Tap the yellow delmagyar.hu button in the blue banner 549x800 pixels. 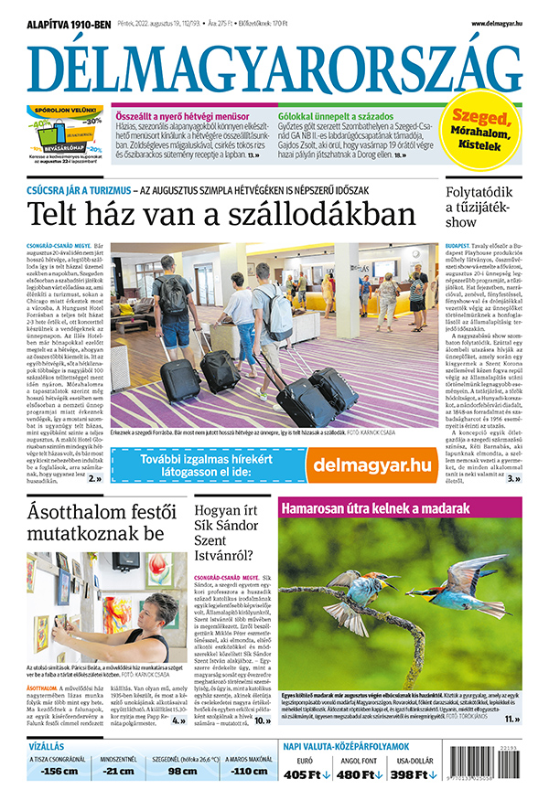(371, 464)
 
